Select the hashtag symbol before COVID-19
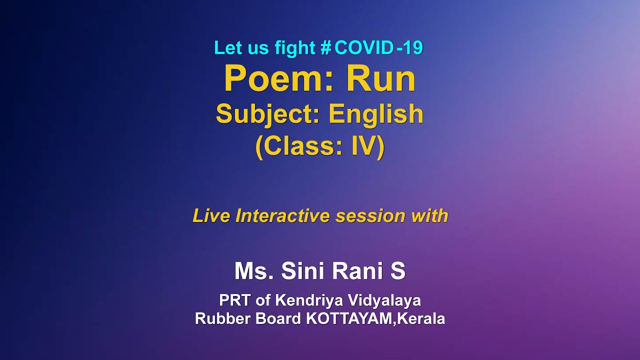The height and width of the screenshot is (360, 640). point(326,48)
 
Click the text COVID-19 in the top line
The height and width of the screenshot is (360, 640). point(378,48)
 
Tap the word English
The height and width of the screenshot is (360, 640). point(376,114)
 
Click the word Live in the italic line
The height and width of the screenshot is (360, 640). point(212,216)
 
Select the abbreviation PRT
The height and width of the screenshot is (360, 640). point(235,300)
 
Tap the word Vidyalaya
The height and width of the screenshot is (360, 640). point(391,300)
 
